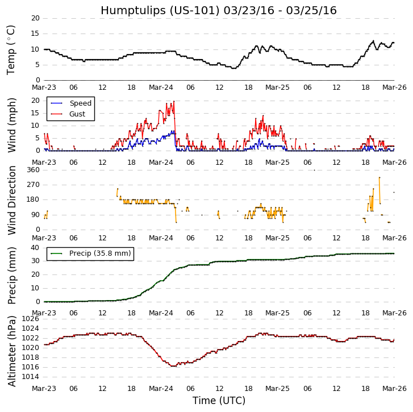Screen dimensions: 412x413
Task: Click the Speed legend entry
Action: [x=80, y=103]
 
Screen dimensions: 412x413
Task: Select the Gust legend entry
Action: [x=77, y=114]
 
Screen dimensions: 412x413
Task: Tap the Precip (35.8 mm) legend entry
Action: [x=99, y=253]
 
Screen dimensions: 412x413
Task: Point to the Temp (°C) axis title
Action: [x=11, y=49]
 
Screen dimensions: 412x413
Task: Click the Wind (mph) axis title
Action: [x=11, y=124]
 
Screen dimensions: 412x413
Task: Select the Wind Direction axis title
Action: [x=11, y=200]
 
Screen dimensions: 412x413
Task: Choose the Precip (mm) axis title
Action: [x=11, y=275]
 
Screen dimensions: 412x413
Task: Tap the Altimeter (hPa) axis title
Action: [x=11, y=351]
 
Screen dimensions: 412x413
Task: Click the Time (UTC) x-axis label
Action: [x=219, y=401]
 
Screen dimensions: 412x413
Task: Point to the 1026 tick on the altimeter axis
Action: [x=31, y=319]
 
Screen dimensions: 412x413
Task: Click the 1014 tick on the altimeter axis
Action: [x=31, y=377]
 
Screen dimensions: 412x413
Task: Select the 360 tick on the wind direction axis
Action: [x=33, y=170]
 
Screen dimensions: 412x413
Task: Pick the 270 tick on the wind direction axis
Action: [x=33, y=185]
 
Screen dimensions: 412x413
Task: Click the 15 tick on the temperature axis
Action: [x=35, y=34]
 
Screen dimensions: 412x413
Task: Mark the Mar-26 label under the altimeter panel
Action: [x=394, y=389]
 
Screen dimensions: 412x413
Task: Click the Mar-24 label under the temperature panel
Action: [x=161, y=88]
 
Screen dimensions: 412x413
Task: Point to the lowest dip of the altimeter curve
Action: [x=173, y=366]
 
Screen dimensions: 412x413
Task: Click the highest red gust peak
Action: [x=173, y=101]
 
